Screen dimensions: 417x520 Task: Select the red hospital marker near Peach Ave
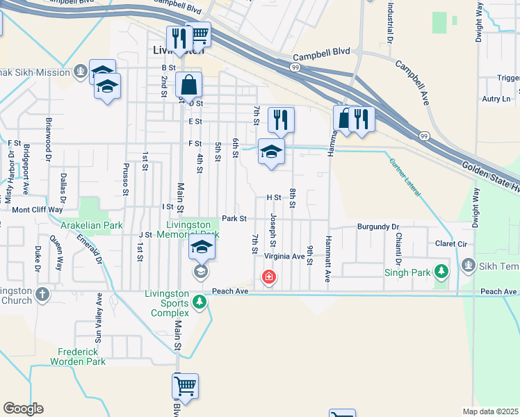click(268, 278)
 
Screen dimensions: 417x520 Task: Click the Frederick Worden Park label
click(77, 357)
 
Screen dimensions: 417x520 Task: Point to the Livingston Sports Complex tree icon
click(200, 302)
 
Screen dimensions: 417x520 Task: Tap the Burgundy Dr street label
click(378, 227)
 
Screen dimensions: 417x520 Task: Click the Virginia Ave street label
click(284, 256)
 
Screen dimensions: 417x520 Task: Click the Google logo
click(23, 409)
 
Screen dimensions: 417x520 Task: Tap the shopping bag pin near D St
click(188, 86)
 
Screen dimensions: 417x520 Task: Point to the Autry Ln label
click(496, 99)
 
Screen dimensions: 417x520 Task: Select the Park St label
click(234, 218)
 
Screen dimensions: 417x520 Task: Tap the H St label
click(273, 197)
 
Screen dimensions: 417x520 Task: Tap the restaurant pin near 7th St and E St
click(281, 120)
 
